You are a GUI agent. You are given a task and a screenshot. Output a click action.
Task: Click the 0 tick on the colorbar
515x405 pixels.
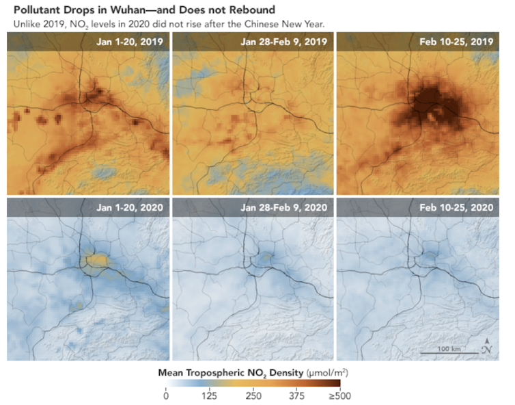coord(166,395)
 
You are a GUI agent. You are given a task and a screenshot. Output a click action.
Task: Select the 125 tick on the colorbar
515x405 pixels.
coord(209,395)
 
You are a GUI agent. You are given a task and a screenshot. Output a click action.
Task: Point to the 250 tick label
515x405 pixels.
coord(253,395)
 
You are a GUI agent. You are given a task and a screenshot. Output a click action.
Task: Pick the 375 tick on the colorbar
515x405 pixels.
coord(296,395)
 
